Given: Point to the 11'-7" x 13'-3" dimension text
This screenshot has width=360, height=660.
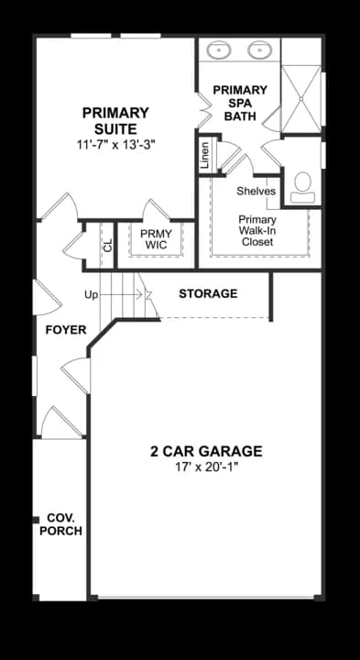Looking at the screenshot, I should click(x=115, y=144).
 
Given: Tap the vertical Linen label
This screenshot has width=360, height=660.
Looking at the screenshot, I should click(x=204, y=154).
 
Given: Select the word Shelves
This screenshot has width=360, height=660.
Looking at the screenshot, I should click(x=256, y=192).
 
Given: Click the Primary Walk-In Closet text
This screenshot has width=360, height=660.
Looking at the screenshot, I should click(x=257, y=230).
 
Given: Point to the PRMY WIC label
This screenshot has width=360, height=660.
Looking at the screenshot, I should click(x=156, y=239).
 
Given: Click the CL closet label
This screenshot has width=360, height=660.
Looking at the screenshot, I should click(x=107, y=246).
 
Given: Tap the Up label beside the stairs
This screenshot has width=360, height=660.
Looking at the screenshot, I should click(x=91, y=295).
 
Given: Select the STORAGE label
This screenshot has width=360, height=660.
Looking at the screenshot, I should click(x=208, y=294).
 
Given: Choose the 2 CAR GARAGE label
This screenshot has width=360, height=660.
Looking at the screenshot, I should click(x=206, y=451).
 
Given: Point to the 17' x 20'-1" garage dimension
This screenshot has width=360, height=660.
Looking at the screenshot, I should click(x=206, y=468).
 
